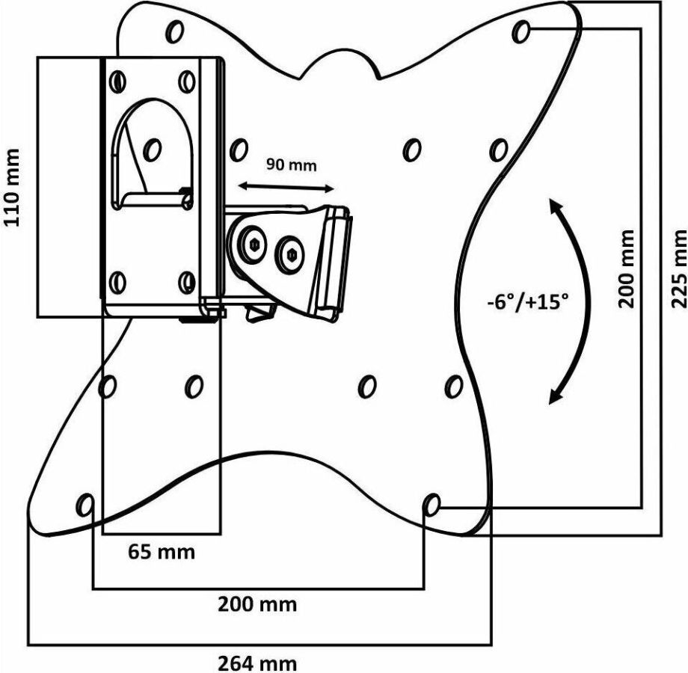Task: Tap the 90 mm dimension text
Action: click(292, 165)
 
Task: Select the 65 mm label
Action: click(162, 553)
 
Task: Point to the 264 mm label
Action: click(257, 663)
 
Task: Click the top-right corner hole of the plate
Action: click(523, 31)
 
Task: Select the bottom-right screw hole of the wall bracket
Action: click(188, 282)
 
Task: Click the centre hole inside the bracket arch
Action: click(152, 147)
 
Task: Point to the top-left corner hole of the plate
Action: click(176, 31)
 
